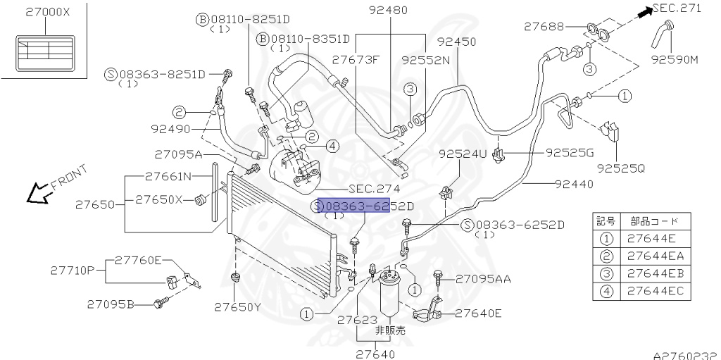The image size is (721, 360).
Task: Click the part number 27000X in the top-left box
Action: (48, 12)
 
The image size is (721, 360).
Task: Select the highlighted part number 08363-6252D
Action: (365, 205)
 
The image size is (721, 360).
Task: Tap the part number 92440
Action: (573, 185)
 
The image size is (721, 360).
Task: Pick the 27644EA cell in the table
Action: (655, 256)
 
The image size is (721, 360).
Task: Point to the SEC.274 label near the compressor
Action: (374, 189)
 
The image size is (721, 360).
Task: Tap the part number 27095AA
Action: (483, 278)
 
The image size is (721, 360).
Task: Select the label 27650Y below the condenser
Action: (238, 306)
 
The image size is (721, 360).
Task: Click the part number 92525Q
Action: (620, 168)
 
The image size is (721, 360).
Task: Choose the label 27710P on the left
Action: (73, 270)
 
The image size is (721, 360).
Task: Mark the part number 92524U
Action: (462, 154)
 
